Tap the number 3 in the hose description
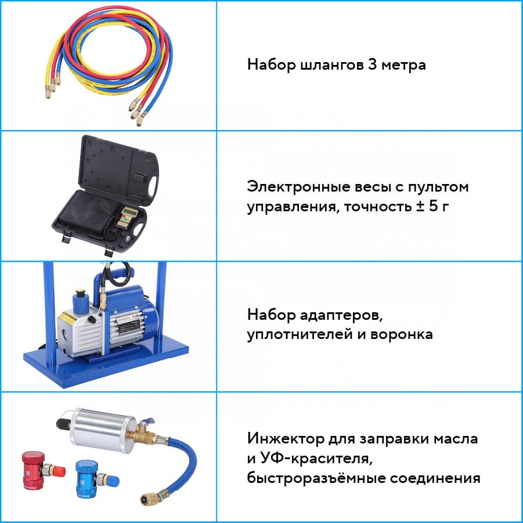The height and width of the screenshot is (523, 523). (x=372, y=64)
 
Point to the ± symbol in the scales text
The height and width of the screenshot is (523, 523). (x=420, y=206)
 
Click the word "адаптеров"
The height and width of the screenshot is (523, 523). (x=341, y=315)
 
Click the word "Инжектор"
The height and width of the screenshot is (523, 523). (x=286, y=439)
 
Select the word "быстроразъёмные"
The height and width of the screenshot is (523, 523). (x=316, y=478)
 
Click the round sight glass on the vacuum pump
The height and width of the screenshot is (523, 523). (x=63, y=334)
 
